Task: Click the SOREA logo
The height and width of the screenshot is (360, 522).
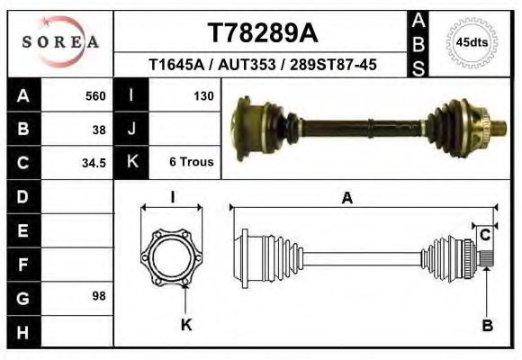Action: pyautogui.click(x=60, y=42)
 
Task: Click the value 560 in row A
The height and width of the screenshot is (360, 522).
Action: pyautogui.click(x=95, y=96)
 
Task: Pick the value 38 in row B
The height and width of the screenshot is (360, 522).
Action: pyautogui.click(x=100, y=129)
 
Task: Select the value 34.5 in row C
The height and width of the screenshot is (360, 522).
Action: pyautogui.click(x=95, y=163)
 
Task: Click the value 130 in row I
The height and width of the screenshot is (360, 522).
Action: pyautogui.click(x=202, y=95)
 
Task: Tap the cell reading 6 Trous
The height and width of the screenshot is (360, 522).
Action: pyautogui.click(x=191, y=162)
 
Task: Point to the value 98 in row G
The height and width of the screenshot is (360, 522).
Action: pyautogui.click(x=100, y=296)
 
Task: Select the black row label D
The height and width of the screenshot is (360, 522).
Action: pyautogui.click(x=22, y=196)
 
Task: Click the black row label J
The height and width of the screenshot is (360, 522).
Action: pyautogui.click(x=131, y=129)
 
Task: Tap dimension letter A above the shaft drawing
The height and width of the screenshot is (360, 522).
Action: pyautogui.click(x=346, y=198)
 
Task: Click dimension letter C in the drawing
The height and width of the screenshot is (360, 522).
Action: pyautogui.click(x=484, y=236)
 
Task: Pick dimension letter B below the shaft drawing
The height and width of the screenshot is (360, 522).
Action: pyautogui.click(x=487, y=326)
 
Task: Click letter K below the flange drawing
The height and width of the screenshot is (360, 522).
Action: pyautogui.click(x=186, y=325)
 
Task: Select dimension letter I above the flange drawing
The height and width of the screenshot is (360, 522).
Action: pyautogui.click(x=173, y=198)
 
